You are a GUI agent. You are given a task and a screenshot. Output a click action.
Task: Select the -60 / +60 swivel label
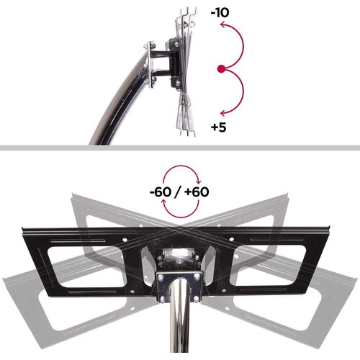[x=181, y=193]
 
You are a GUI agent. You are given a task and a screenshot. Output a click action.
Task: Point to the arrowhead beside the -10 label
[x=223, y=25]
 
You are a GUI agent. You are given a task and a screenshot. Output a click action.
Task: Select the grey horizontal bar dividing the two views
[x=180, y=148]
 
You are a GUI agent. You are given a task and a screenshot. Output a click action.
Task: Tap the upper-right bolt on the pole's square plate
[x=197, y=277]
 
